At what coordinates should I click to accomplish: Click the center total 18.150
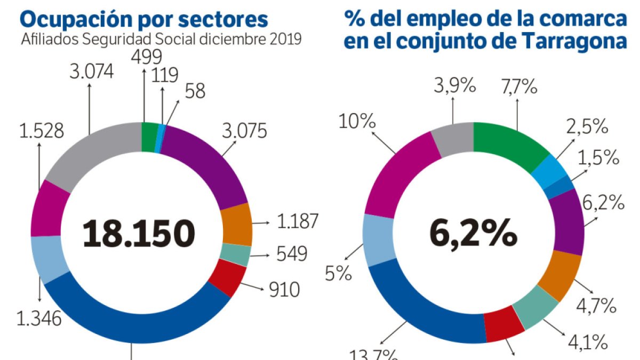click(x=139, y=233)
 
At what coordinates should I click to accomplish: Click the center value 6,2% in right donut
click(x=473, y=233)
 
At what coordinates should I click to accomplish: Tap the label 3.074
click(x=91, y=71)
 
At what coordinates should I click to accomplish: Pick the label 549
click(x=292, y=254)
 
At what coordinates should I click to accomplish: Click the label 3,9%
click(x=453, y=86)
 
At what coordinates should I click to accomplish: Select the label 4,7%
click(x=596, y=306)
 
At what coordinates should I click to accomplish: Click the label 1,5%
click(x=598, y=158)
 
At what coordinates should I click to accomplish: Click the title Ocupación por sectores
click(x=143, y=19)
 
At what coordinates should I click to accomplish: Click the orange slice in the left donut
click(x=235, y=224)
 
